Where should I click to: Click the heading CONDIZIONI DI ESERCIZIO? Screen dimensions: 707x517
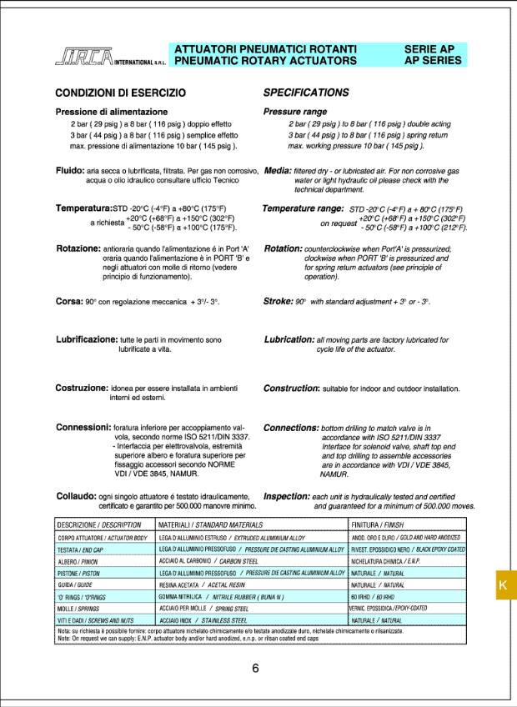point(120,93)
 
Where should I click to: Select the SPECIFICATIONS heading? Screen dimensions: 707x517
point(306,93)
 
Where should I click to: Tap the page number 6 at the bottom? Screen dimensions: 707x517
point(256,667)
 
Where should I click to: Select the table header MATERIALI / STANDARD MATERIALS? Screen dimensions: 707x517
point(210,524)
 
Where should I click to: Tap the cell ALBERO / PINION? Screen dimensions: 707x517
point(79,562)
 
